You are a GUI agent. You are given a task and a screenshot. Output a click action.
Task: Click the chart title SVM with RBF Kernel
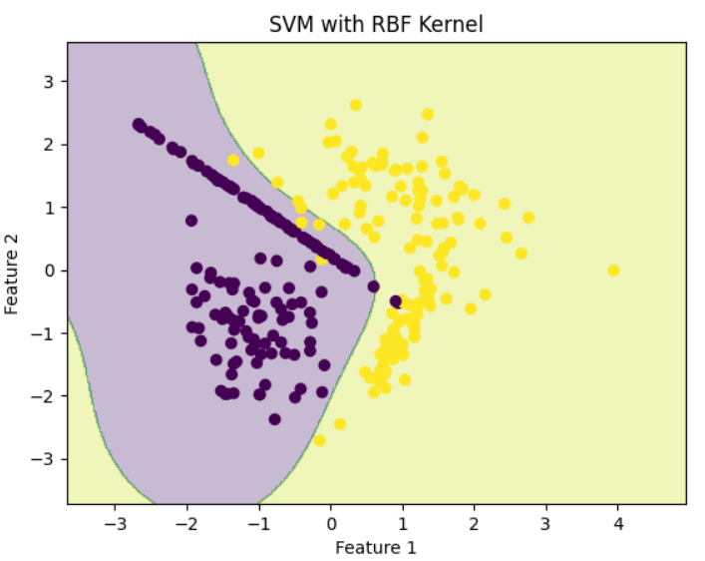(x=376, y=24)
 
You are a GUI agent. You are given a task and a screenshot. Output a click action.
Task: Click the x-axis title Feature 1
(x=375, y=547)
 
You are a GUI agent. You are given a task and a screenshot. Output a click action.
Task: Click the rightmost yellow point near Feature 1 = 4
(x=614, y=271)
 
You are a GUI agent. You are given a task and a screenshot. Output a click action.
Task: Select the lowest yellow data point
(x=319, y=440)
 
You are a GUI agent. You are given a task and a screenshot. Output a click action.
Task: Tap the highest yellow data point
(x=355, y=105)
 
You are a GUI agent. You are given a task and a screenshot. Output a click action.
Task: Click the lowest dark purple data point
(x=274, y=419)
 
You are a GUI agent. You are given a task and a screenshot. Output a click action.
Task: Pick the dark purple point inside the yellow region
(x=396, y=301)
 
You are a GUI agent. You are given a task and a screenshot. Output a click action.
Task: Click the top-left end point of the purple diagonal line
(x=139, y=125)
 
